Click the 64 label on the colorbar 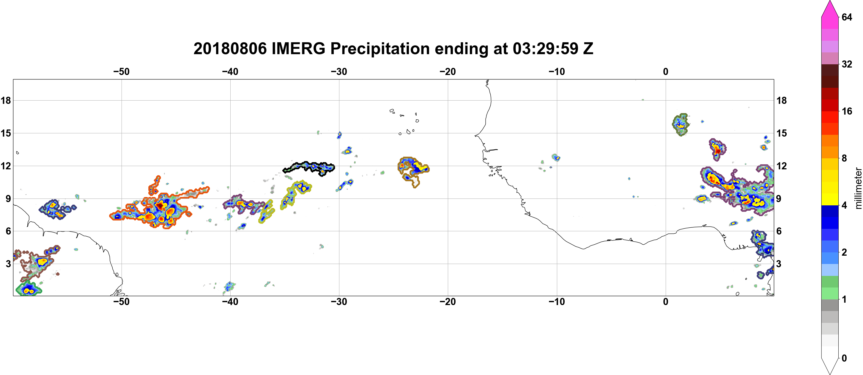(x=847, y=17)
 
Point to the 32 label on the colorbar (x=847, y=64)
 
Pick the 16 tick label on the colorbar (x=847, y=111)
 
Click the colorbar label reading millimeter (x=858, y=188)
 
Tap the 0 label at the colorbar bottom (x=844, y=358)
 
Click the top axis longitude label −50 (x=121, y=72)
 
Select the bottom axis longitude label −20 (x=448, y=302)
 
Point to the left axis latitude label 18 (x=6, y=100)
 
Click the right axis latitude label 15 (x=782, y=133)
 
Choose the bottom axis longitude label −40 (x=230, y=302)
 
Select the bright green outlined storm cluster (x=28, y=289)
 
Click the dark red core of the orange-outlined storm (x=160, y=205)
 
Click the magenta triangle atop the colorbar (x=830, y=8)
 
